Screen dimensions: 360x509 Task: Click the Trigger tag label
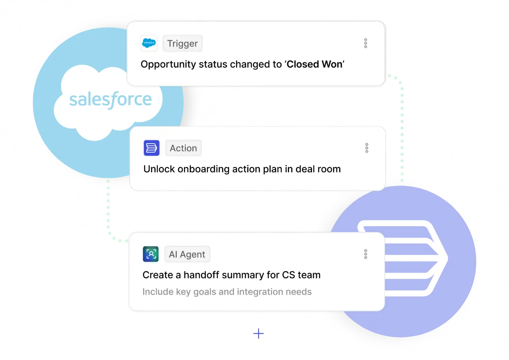click(x=182, y=44)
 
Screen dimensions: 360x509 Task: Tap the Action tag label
click(x=183, y=148)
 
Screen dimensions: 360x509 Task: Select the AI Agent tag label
click(x=187, y=255)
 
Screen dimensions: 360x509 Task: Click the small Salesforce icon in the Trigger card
click(x=149, y=43)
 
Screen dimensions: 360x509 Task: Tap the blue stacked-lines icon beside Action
click(x=152, y=148)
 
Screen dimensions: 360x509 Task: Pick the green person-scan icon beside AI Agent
click(x=151, y=254)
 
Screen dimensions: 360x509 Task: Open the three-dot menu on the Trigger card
click(x=366, y=43)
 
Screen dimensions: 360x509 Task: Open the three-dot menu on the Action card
click(x=366, y=148)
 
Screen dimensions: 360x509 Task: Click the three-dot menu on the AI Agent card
click(x=366, y=254)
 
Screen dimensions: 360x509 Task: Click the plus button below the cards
click(x=258, y=333)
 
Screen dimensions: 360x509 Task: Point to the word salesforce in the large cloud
click(x=111, y=100)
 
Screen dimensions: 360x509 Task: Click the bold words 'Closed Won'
click(x=314, y=64)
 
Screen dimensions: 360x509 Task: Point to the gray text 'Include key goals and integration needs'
click(x=227, y=292)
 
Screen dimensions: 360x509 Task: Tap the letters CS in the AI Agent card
click(x=289, y=275)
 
